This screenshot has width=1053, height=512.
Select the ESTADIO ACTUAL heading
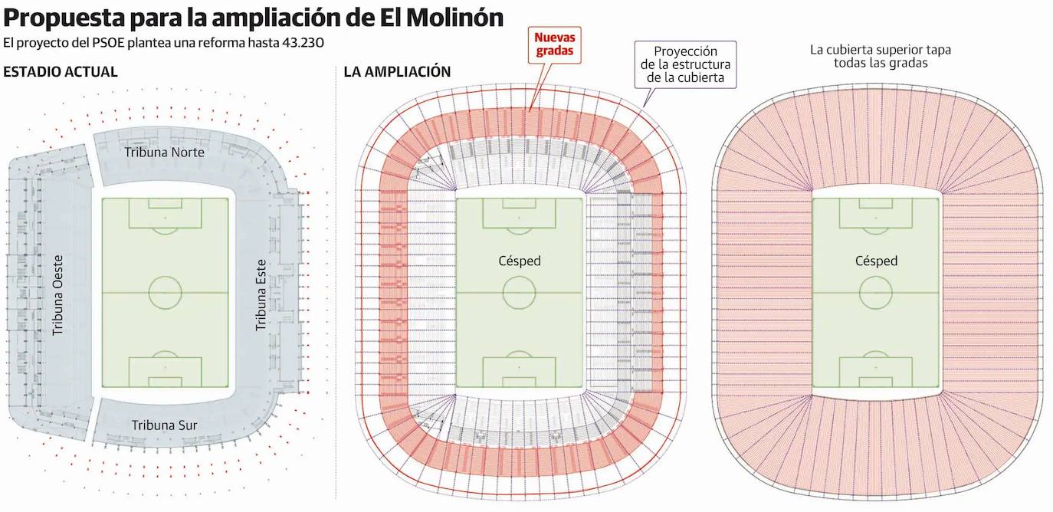[x=61, y=72]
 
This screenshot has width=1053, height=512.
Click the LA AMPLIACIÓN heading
[x=397, y=72]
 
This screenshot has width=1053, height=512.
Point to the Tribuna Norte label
[x=164, y=153]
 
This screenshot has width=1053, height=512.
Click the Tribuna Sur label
[x=164, y=425]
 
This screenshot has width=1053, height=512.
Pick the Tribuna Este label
[x=261, y=294]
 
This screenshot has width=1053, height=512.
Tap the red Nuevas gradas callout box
[x=555, y=44]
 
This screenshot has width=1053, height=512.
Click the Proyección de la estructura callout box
[x=686, y=64]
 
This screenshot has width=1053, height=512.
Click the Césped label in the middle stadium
[x=519, y=261]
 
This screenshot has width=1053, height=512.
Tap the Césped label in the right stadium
[x=876, y=261]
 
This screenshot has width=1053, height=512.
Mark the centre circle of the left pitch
[x=165, y=292]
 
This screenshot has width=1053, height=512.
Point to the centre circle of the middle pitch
[x=519, y=292]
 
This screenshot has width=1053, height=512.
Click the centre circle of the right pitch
[x=876, y=292]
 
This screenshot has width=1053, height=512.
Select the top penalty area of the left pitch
[x=165, y=214]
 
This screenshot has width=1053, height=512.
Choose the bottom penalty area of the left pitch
[x=165, y=371]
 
